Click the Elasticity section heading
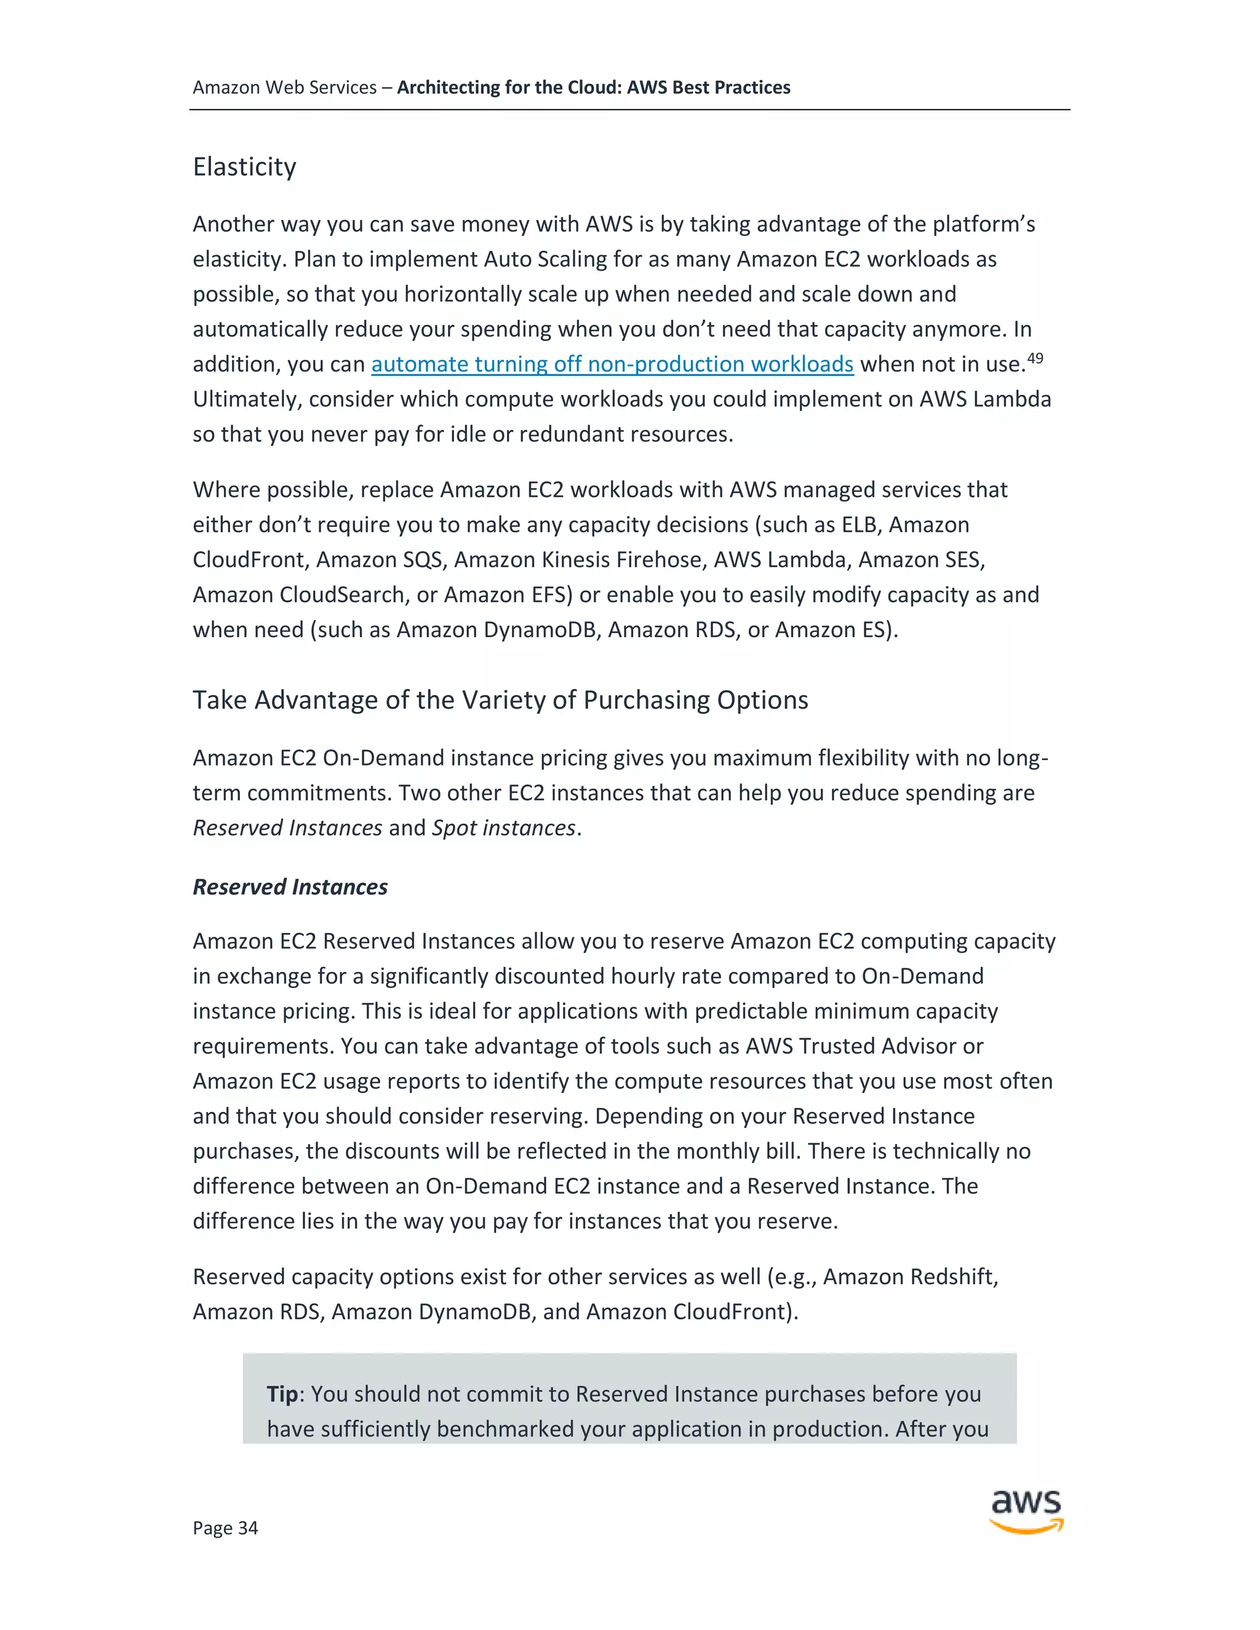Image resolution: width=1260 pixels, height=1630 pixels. tap(244, 167)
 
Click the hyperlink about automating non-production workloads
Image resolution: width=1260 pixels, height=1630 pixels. tap(612, 364)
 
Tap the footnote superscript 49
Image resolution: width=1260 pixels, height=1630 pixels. tap(1035, 359)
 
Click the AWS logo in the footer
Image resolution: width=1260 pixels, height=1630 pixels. tap(1026, 1511)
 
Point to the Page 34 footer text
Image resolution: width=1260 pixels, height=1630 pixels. tap(225, 1528)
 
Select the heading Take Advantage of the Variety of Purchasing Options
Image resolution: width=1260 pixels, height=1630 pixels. tap(500, 700)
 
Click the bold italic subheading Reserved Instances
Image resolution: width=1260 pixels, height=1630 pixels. tap(290, 886)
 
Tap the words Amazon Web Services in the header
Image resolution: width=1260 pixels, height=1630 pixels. tap(284, 87)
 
